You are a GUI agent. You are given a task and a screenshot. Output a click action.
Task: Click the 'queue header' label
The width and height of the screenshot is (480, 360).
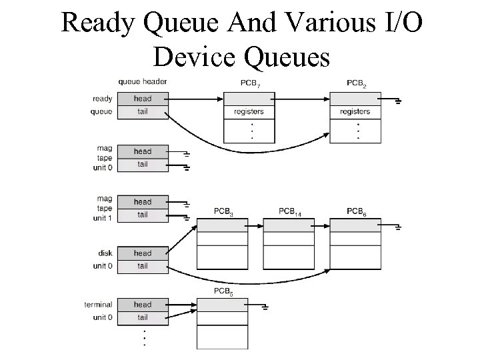142,82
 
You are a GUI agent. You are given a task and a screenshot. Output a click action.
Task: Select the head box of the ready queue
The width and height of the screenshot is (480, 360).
142,99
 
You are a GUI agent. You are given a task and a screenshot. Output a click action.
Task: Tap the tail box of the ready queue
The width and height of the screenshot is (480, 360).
142,111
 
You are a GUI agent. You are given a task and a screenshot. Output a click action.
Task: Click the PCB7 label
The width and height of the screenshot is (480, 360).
250,83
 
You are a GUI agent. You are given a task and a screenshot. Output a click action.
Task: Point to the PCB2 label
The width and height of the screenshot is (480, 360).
357,83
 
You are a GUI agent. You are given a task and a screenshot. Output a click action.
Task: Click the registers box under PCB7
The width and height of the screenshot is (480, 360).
249,112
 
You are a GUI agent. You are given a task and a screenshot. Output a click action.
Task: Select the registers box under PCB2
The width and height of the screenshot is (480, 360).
355,112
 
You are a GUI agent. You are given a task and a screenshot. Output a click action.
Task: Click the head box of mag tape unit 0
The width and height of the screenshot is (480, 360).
142,151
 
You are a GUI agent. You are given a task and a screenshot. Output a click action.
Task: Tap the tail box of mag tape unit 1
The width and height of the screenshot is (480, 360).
142,215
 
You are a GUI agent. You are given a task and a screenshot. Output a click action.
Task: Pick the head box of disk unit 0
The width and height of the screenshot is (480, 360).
142,253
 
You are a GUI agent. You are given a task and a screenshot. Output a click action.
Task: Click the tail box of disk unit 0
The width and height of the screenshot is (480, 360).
142,266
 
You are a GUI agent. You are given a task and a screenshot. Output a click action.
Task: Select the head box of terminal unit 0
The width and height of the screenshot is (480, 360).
142,305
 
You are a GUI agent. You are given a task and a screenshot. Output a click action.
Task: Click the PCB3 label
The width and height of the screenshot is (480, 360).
223,212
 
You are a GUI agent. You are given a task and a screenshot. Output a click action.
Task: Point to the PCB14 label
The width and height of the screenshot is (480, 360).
289,212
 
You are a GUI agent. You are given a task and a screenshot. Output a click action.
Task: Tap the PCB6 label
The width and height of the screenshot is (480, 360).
356,212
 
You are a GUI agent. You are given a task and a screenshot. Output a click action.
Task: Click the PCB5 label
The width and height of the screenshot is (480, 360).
223,291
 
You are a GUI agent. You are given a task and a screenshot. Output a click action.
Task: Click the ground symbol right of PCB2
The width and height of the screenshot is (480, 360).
398,101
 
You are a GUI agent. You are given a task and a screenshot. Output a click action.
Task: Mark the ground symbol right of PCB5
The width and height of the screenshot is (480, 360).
265,307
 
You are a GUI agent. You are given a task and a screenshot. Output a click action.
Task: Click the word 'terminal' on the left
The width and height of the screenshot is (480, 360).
98,305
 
